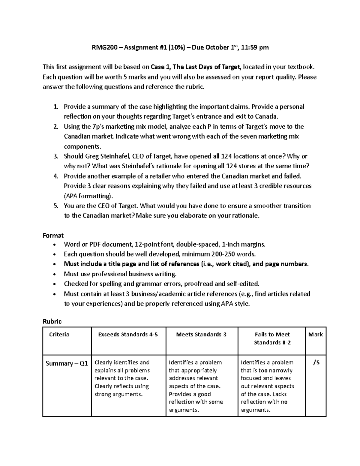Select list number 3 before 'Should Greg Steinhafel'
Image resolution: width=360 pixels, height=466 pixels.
[x=55, y=156]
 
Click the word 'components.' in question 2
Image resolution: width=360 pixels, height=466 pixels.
[x=82, y=146]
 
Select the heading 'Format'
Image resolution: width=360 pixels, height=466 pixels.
[x=53, y=236]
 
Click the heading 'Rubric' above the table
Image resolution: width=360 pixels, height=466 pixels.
[x=52, y=321]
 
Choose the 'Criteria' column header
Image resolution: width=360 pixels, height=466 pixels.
[x=59, y=335]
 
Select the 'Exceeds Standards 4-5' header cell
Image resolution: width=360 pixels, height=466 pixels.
[x=128, y=335]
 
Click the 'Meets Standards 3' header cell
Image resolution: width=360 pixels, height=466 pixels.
[x=201, y=335]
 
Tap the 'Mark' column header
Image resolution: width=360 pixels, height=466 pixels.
[x=315, y=335]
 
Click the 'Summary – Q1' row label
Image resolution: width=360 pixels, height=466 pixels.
[x=67, y=364]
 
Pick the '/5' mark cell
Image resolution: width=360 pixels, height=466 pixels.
[x=316, y=363]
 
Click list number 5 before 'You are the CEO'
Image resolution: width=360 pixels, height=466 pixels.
[x=55, y=206]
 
